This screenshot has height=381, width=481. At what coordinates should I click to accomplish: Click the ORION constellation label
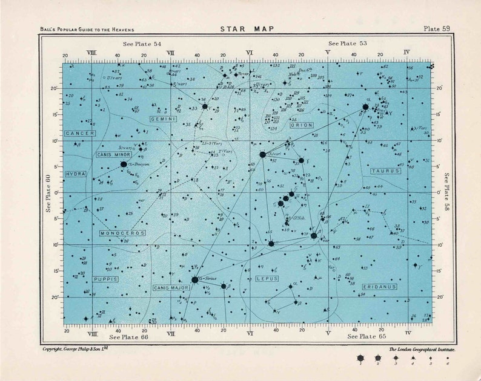pyautogui.click(x=302, y=125)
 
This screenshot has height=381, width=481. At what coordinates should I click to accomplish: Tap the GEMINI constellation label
pyautogui.click(x=163, y=120)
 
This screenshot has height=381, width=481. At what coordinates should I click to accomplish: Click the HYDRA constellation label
pyautogui.click(x=75, y=174)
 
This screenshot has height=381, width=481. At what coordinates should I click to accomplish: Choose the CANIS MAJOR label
pyautogui.click(x=171, y=288)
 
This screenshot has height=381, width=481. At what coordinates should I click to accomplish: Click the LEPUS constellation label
pyautogui.click(x=267, y=279)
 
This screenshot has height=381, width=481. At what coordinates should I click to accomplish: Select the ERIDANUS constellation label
pyautogui.click(x=380, y=286)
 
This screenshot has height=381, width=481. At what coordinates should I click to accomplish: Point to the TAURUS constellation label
pyautogui.click(x=386, y=171)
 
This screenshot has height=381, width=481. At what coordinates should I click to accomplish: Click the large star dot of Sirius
pyautogui.click(x=194, y=279)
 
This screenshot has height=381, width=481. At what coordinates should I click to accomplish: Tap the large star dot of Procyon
pyautogui.click(x=124, y=164)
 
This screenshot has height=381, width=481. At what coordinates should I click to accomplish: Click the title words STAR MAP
pyautogui.click(x=241, y=28)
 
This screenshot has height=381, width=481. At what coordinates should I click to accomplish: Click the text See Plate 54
pyautogui.click(x=142, y=44)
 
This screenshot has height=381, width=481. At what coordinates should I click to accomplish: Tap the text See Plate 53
pyautogui.click(x=348, y=44)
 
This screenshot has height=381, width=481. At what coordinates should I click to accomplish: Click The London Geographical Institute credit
pyautogui.click(x=422, y=350)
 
